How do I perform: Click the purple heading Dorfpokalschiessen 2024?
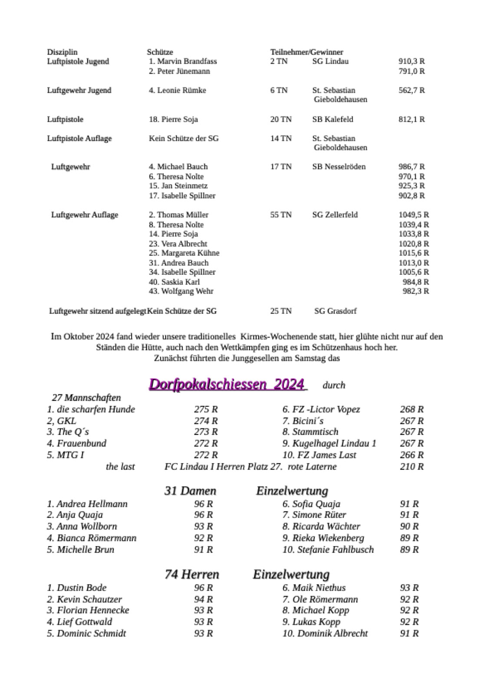(227, 385)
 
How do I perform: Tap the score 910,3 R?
(412, 61)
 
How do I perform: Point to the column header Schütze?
(160, 52)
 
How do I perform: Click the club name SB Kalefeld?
(333, 119)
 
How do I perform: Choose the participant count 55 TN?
(281, 215)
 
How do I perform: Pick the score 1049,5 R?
(414, 215)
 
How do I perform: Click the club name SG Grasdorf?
(335, 311)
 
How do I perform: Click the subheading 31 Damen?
(190, 491)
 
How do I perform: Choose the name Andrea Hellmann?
(92, 504)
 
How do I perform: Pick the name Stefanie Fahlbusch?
(335, 550)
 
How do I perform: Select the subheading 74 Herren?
(192, 575)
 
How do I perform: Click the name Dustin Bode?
(81, 588)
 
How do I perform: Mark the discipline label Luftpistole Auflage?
(79, 138)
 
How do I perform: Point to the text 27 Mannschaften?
(86, 398)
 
